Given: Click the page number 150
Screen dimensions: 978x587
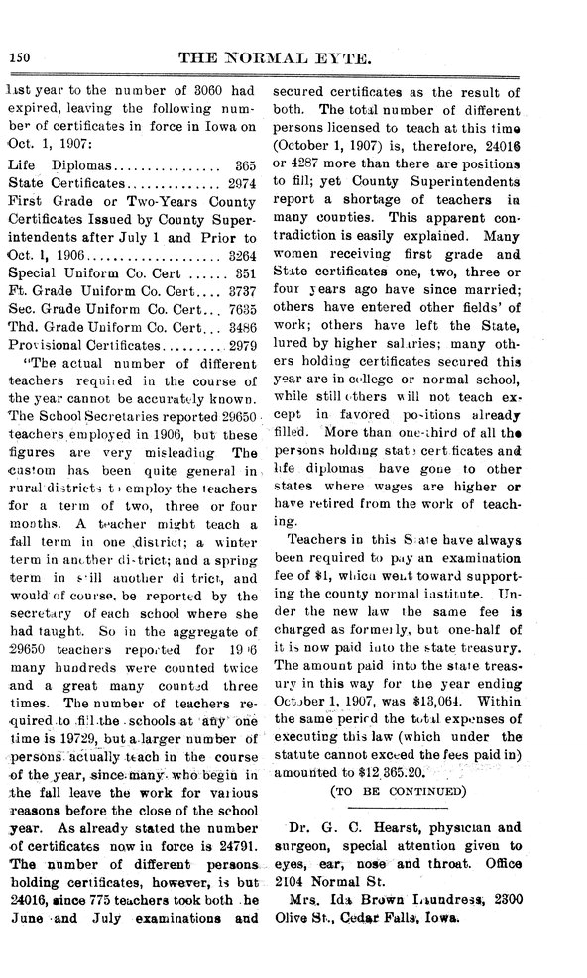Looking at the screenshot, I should (x=20, y=58).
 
